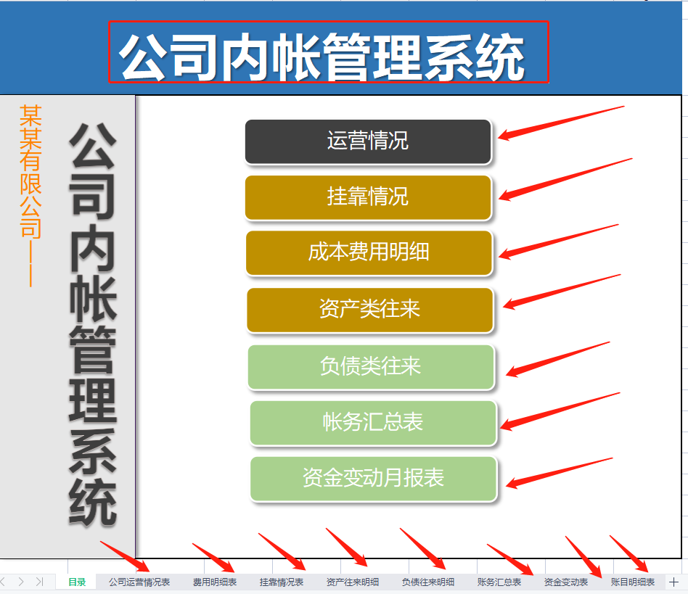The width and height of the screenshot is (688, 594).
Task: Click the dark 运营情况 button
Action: point(368,141)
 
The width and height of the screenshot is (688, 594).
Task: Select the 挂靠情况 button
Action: point(368,197)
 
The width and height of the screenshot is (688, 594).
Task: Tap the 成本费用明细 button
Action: point(369,253)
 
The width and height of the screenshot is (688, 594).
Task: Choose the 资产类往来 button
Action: point(369,310)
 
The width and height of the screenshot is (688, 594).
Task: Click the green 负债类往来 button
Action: point(370,366)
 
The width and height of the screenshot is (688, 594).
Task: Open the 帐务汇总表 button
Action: point(372,423)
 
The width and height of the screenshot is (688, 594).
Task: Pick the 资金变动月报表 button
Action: point(373,479)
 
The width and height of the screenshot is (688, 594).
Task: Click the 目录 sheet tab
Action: point(77,582)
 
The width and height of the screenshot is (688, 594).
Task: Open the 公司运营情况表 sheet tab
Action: point(139,582)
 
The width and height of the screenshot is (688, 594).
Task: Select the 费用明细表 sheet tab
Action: point(214,582)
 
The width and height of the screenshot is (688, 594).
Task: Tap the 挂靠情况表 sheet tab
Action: point(282,582)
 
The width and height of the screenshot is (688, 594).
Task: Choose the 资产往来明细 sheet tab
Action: point(353,582)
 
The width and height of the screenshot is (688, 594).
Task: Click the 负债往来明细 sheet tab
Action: point(428,582)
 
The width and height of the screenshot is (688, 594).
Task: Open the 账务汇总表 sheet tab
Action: point(499,582)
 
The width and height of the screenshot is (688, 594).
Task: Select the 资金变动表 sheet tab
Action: point(566,582)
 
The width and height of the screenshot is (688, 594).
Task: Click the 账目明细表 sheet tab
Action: point(633,582)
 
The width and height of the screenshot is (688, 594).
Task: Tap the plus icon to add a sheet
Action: point(673,582)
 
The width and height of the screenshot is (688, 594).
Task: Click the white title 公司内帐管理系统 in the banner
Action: point(322,55)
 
